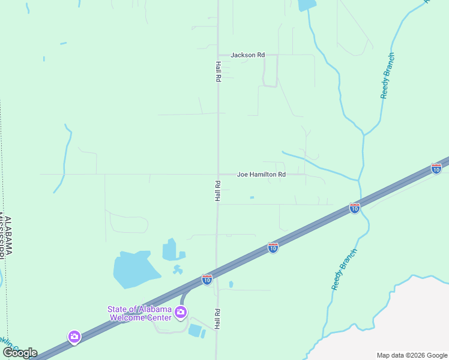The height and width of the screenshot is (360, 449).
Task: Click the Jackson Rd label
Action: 248,55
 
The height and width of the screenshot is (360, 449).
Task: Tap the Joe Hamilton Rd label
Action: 261,175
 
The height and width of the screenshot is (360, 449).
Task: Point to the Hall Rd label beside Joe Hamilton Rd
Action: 218,190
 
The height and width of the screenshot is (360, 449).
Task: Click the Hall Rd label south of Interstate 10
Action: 218,319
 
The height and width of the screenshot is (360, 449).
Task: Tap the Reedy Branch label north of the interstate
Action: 387,76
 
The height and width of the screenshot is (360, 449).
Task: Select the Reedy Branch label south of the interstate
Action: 344,269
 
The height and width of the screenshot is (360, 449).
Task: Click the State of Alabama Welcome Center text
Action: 139,313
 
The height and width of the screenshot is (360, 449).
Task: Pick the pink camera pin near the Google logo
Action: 74,337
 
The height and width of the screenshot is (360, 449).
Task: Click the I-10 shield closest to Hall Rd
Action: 207,280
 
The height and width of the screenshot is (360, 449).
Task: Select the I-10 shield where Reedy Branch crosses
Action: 355,208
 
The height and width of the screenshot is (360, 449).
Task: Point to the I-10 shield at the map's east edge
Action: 436,169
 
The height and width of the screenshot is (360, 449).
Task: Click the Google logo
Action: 20,353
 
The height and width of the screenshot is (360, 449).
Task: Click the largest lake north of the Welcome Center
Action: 136,270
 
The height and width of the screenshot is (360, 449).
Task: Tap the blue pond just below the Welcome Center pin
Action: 195,330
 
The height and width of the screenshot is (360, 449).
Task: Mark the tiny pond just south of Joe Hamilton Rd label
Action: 252,198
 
